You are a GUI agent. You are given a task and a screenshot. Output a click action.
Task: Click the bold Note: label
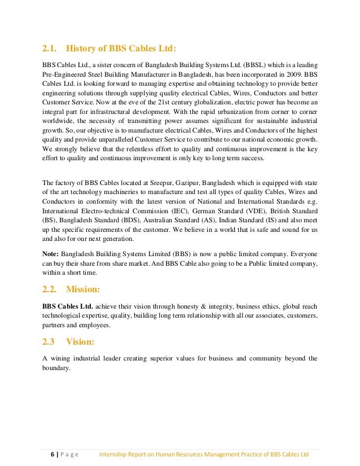(52, 253)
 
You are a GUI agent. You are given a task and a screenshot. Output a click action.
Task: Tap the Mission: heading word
(83, 290)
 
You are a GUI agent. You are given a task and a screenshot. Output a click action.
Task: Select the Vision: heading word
(80, 341)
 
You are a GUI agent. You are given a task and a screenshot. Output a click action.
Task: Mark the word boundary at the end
(56, 368)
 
